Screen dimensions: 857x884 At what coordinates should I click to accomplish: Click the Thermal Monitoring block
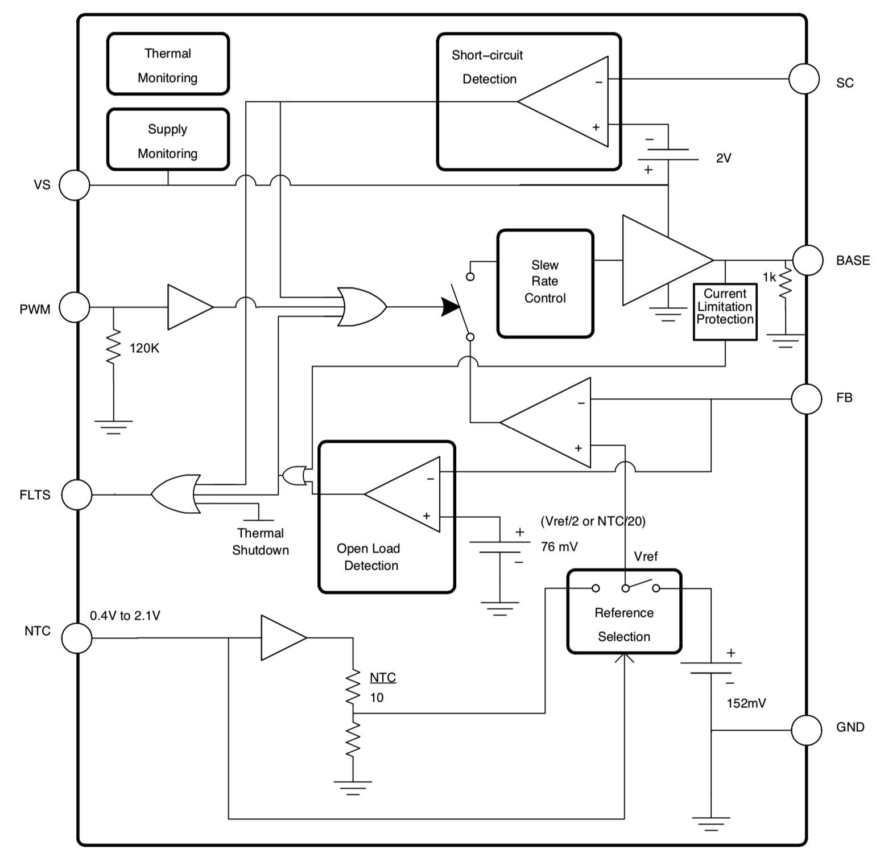168,64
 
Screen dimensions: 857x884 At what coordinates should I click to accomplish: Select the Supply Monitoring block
168,140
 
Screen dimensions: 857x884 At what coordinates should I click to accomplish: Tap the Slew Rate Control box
545,283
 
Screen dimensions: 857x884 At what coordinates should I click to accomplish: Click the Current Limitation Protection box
725,311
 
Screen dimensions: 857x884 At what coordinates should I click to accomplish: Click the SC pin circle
804,79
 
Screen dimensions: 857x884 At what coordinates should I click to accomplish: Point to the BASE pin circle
808,260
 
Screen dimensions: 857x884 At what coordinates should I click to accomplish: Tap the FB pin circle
807,399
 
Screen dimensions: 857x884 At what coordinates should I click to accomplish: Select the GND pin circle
807,730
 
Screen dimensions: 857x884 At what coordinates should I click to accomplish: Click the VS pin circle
75,185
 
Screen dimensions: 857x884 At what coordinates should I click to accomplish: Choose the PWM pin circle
75,307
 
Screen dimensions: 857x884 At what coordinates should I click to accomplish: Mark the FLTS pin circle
76,495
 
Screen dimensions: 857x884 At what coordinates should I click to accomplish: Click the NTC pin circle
76,638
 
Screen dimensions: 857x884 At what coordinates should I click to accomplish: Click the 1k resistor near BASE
785,283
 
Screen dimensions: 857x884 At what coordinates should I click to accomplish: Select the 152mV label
746,703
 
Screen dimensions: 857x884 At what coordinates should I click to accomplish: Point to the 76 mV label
559,547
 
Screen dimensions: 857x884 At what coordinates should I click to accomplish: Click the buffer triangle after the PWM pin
189,307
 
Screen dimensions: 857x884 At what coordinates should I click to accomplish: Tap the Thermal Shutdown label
261,542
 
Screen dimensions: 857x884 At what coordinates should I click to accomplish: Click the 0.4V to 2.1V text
125,616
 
